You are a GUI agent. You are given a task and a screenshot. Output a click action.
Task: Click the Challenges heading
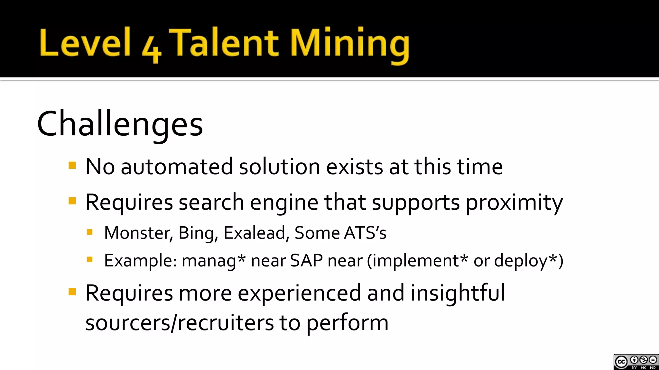coord(120,124)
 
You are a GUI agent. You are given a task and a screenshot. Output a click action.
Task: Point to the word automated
coord(176,167)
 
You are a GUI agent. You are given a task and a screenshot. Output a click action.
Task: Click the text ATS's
coord(365,233)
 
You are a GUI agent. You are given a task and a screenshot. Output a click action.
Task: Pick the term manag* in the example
coord(214,260)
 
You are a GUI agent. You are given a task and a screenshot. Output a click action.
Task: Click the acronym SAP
coord(306,260)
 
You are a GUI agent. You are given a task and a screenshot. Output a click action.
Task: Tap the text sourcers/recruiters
coord(180,322)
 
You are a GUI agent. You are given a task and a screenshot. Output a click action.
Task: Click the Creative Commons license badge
coord(636,362)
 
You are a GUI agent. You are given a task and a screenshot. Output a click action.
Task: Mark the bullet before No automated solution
coord(72,166)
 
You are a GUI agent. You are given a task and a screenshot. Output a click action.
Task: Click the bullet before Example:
coord(90,259)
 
